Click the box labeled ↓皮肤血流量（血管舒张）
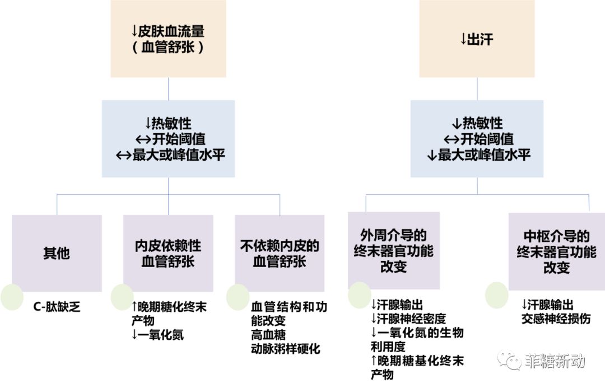point(168,39)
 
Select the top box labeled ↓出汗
point(477,39)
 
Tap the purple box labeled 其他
point(57,253)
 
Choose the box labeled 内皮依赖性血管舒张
point(168,253)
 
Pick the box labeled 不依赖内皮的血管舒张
point(280,253)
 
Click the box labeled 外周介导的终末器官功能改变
point(393,250)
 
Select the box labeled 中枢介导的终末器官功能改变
point(556,251)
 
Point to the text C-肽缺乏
point(57,307)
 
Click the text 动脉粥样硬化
point(286,348)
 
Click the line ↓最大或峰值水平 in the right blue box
point(478,155)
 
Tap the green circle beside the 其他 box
point(12,297)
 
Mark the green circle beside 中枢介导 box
point(496,294)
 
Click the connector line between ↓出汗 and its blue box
point(477,88)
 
